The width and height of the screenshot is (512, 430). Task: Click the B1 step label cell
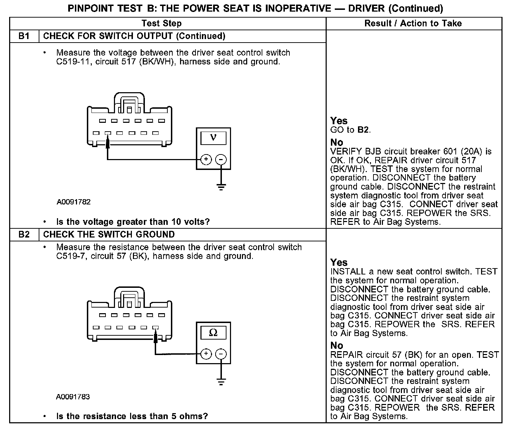[x=24, y=36]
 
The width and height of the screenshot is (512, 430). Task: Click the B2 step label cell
[x=24, y=235]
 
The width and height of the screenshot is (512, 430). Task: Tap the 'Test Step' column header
[x=161, y=24]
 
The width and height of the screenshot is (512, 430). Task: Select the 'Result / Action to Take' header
[x=413, y=24]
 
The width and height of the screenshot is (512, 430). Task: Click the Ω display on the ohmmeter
[x=213, y=332]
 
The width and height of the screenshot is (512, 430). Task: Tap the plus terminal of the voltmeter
[x=206, y=159]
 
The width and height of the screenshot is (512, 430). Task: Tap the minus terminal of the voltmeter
[x=221, y=159]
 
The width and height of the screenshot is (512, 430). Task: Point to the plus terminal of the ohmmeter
[x=206, y=354]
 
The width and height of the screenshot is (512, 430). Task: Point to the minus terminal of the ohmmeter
[x=221, y=354]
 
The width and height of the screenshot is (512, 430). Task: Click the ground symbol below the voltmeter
[x=221, y=186]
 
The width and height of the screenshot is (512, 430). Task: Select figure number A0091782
[x=73, y=202]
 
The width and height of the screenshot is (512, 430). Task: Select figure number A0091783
[x=73, y=397]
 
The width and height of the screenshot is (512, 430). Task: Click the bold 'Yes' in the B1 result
[x=339, y=121]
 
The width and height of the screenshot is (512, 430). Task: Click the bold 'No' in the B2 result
[x=337, y=346]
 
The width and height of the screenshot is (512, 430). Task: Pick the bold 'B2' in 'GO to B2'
[x=363, y=130]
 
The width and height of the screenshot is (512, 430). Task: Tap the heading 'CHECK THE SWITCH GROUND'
[x=109, y=235]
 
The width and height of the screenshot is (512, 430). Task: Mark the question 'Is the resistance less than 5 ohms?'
[x=132, y=416]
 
